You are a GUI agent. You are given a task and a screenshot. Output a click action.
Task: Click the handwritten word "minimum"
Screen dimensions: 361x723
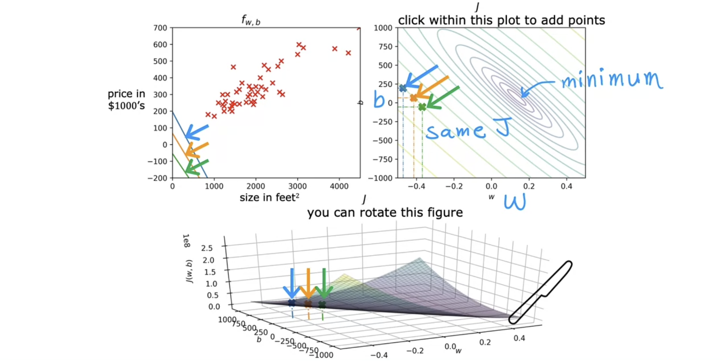click(x=612, y=80)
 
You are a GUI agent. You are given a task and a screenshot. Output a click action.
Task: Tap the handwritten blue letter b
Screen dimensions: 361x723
click(x=379, y=100)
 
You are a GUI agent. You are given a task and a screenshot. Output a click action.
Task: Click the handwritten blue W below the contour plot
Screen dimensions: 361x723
click(x=515, y=202)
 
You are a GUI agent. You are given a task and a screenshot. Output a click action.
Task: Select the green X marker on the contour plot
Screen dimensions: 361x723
click(x=422, y=107)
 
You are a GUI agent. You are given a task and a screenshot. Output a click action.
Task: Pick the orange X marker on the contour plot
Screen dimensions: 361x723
click(x=414, y=98)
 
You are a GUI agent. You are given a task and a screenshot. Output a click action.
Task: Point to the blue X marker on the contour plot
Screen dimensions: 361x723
click(x=403, y=88)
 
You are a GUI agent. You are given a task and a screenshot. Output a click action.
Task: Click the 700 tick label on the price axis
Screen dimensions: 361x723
click(x=160, y=28)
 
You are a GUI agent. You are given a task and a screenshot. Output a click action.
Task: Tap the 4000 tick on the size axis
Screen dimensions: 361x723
click(x=339, y=186)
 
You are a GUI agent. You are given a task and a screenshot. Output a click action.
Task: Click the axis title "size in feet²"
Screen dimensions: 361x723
click(x=269, y=197)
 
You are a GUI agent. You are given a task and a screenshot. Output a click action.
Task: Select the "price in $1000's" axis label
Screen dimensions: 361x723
click(x=126, y=99)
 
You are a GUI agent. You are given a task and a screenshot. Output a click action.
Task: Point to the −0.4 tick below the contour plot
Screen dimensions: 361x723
click(x=414, y=186)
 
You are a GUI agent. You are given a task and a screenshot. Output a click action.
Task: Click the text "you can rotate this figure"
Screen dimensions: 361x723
click(x=385, y=212)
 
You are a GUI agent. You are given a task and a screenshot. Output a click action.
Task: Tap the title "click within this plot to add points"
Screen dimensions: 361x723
click(x=501, y=20)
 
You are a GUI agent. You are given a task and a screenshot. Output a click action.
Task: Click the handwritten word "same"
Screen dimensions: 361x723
click(x=456, y=132)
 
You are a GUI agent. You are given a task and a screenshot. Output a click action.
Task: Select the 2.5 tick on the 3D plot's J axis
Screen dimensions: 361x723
click(x=207, y=248)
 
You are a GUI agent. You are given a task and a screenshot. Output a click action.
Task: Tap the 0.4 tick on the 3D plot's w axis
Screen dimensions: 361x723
click(x=519, y=338)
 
